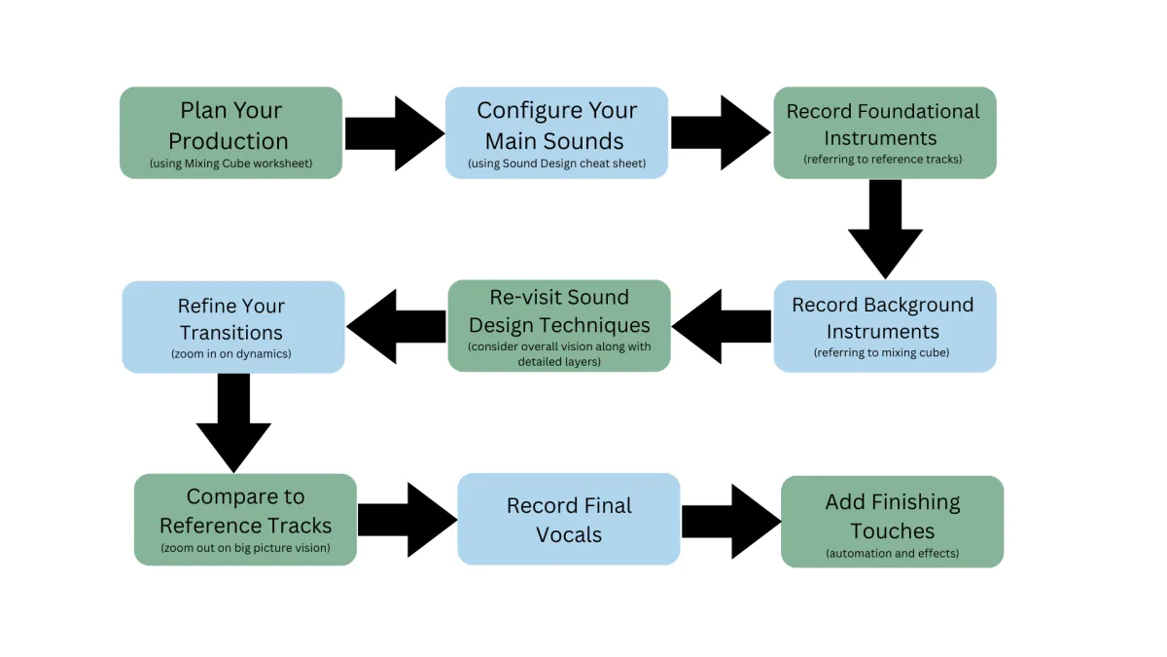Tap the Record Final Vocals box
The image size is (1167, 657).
tap(568, 520)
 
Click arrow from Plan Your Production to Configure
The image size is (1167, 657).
tap(393, 133)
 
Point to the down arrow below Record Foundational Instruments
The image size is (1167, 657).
tap(885, 230)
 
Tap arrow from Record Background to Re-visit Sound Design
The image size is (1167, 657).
tap(722, 326)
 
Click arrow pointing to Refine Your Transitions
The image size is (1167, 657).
tap(396, 326)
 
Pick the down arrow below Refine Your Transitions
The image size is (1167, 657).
tap(233, 422)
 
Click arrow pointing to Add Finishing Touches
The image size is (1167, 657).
tap(730, 522)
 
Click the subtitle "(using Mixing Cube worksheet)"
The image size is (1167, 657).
tap(230, 164)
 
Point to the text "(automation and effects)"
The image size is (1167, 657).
tap(892, 553)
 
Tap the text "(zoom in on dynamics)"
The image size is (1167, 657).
tap(232, 353)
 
